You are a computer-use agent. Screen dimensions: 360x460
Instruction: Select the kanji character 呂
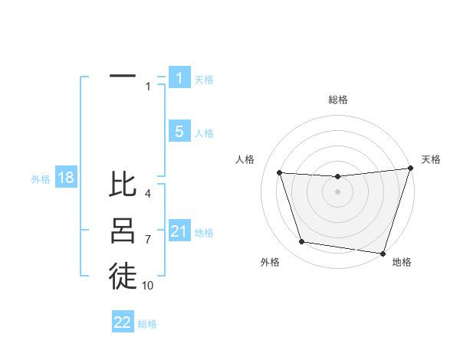(123, 231)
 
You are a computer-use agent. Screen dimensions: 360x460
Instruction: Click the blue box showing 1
(179, 78)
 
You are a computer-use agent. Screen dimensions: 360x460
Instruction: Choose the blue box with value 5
(179, 132)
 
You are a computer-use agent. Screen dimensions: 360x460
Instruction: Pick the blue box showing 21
(179, 231)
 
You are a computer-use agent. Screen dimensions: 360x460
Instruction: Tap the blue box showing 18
(66, 178)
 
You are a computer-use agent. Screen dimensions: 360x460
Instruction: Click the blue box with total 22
(123, 322)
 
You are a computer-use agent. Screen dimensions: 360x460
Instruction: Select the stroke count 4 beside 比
(148, 194)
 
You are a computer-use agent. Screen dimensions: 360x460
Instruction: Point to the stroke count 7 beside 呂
(148, 240)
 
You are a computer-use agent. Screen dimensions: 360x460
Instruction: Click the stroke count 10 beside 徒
(148, 286)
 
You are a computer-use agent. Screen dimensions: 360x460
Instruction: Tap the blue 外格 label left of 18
(41, 179)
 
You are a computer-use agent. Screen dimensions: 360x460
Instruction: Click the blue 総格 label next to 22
(147, 324)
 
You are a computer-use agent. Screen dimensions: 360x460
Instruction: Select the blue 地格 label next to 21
(204, 233)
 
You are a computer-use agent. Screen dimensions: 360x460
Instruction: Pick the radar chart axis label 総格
(337, 100)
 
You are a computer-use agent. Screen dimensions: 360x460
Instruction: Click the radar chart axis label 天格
(431, 159)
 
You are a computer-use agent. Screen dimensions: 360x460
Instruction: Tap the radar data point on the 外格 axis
(302, 242)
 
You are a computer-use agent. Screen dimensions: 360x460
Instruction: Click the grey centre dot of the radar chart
(337, 192)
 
